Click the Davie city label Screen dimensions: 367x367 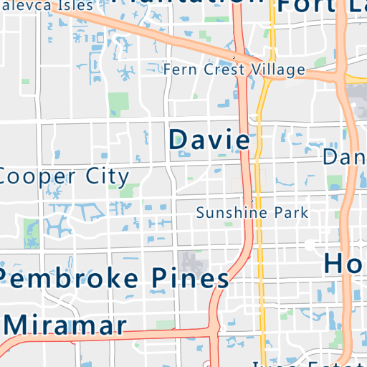click(209, 139)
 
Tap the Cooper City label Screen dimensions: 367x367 click(65, 176)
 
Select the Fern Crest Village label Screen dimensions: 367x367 click(234, 70)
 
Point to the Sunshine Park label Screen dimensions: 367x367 click(252, 213)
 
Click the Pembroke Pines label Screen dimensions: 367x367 click(115, 277)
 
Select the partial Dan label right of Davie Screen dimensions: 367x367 click(345, 157)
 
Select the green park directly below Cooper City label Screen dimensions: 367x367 click(130, 191)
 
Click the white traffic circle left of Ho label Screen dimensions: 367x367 click(310, 244)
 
